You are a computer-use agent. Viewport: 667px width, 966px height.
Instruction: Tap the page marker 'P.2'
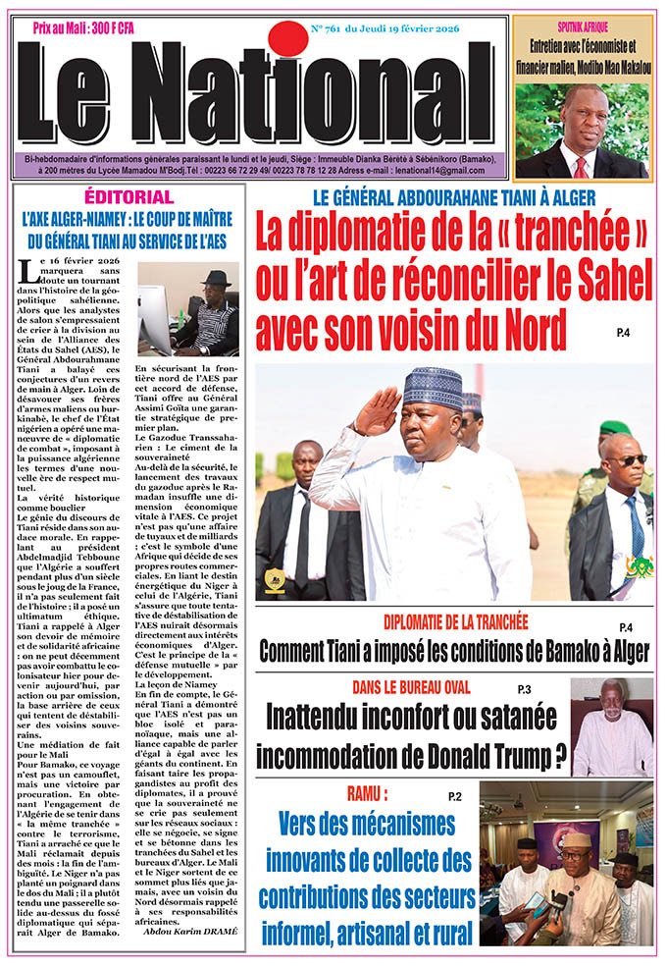point(453,794)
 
